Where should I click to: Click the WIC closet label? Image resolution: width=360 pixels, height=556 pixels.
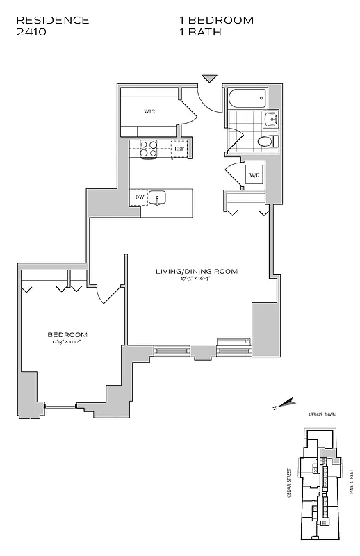(149, 111)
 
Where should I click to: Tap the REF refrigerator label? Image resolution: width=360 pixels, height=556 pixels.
(179, 149)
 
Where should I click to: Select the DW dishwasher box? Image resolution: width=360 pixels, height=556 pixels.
(139, 198)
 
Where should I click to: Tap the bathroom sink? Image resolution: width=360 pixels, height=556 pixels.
(270, 118)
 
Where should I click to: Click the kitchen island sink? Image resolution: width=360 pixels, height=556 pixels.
(158, 198)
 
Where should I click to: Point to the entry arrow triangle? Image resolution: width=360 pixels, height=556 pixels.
(209, 78)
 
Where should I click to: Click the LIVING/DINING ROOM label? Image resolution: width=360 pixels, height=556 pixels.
(197, 272)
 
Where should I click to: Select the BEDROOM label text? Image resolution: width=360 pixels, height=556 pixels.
(68, 334)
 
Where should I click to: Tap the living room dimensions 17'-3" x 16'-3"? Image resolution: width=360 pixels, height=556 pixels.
(197, 279)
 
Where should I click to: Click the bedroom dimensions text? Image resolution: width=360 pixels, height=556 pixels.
(68, 342)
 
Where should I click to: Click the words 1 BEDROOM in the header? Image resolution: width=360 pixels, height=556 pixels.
(216, 20)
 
